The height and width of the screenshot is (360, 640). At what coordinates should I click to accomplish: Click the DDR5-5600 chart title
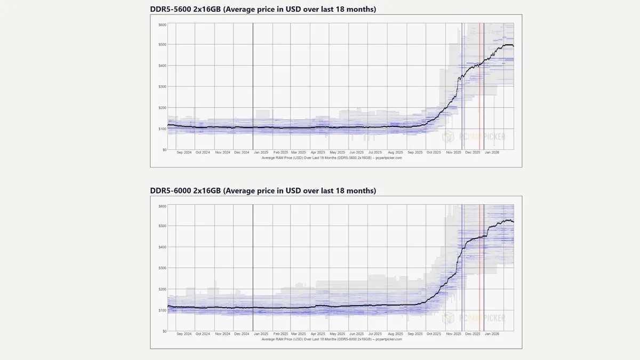click(x=263, y=9)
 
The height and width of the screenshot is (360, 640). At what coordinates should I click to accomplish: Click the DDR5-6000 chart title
click(x=263, y=190)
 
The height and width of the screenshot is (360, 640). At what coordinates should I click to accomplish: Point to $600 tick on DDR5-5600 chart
click(x=162, y=25)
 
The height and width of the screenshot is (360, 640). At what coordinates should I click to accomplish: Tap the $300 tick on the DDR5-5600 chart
click(x=162, y=87)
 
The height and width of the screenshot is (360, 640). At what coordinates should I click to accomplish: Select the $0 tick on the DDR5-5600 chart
click(x=163, y=150)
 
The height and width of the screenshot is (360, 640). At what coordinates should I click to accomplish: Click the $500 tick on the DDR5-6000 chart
click(x=162, y=226)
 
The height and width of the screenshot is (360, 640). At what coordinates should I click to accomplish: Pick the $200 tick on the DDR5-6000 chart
click(x=162, y=289)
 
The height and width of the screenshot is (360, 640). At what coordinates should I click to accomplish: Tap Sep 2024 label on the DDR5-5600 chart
click(x=184, y=153)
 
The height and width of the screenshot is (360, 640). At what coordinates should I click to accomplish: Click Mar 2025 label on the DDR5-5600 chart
click(x=299, y=153)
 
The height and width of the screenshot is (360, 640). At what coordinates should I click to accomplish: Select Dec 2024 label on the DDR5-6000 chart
click(x=242, y=334)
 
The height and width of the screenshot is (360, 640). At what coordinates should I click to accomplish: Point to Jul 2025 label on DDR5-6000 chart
click(x=375, y=334)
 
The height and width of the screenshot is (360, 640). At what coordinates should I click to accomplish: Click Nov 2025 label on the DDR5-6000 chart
click(x=453, y=334)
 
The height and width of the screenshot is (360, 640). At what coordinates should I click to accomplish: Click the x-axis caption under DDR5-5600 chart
click(x=332, y=158)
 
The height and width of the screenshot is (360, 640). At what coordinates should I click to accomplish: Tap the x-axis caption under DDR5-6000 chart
click(x=332, y=339)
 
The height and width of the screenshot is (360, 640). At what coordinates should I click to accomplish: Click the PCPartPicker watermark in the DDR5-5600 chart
click(x=474, y=137)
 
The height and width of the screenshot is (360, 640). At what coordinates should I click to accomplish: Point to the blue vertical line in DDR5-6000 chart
click(x=462, y=267)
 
